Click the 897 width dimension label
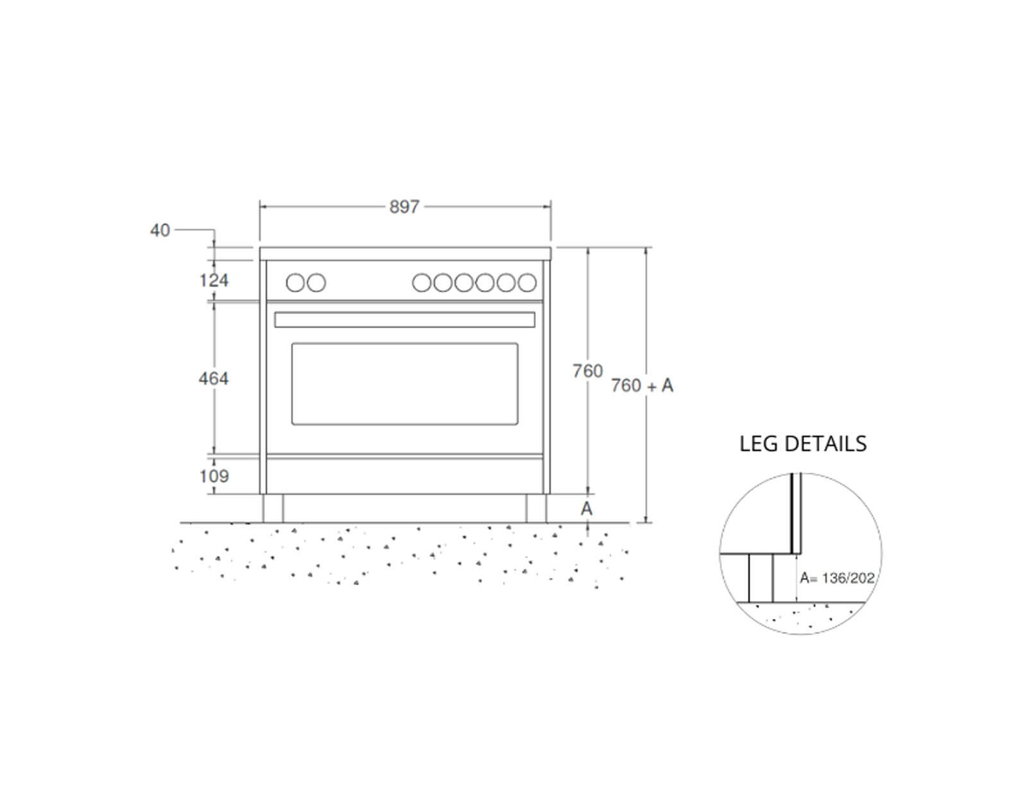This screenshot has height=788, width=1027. [x=404, y=207]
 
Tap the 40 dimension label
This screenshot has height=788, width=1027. [x=160, y=230]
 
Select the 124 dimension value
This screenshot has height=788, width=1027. [x=214, y=280]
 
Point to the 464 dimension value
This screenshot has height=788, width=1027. [x=214, y=378]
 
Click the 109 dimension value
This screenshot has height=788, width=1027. [x=214, y=476]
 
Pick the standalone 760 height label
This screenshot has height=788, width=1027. [x=587, y=371]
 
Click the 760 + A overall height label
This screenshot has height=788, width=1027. [x=642, y=386]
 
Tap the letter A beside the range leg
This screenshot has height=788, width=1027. [x=587, y=509]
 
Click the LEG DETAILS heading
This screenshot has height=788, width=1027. [x=802, y=444]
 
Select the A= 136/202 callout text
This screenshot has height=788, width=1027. [x=837, y=578]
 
